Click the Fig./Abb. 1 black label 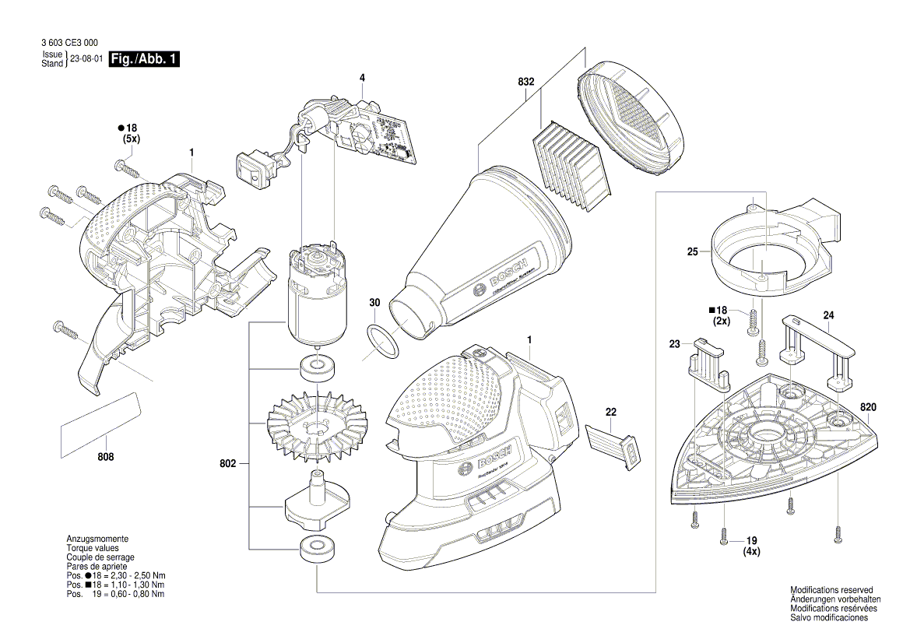[x=145, y=59]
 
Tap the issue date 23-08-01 [x=86, y=59]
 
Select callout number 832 [x=525, y=82]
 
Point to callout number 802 [x=228, y=464]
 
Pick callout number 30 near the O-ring [x=374, y=302]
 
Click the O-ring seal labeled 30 [x=381, y=340]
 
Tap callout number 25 [x=692, y=251]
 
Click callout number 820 [x=869, y=407]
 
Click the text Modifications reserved [x=831, y=590]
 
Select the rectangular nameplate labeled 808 [x=100, y=422]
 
